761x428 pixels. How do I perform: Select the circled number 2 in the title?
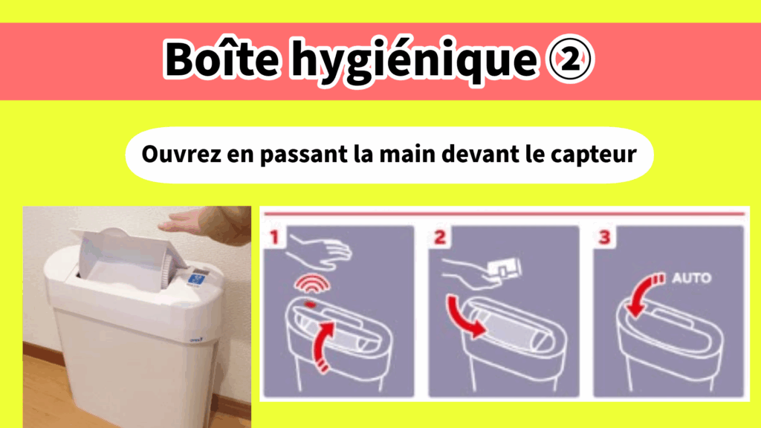(x=570, y=59)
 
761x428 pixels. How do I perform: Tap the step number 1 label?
(x=275, y=237)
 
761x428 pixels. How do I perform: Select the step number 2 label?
(x=440, y=237)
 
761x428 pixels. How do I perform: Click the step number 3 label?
(x=605, y=237)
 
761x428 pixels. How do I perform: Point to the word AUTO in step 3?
(x=692, y=278)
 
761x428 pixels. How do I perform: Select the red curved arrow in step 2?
(x=461, y=320)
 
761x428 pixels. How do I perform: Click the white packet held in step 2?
(x=505, y=268)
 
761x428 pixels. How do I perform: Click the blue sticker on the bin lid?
(x=198, y=279)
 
